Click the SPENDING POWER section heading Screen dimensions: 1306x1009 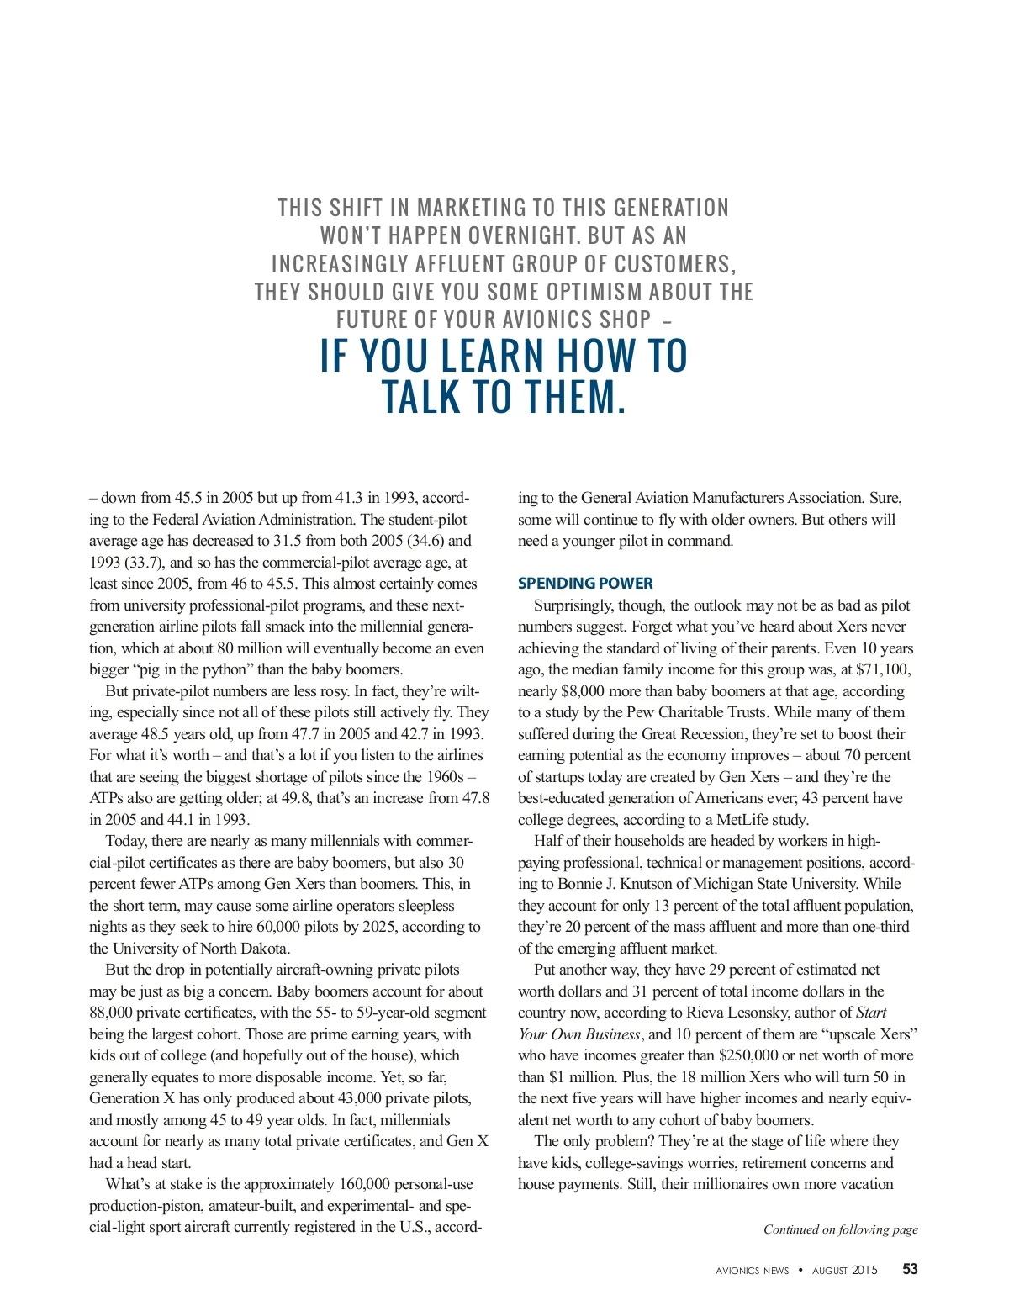coord(585,583)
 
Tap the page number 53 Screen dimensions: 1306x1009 coord(910,1269)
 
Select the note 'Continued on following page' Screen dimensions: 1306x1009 coord(840,1229)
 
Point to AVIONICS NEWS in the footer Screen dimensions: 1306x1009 coord(752,1271)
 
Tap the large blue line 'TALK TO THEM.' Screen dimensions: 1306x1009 coord(504,397)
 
